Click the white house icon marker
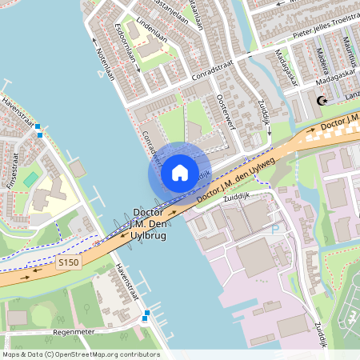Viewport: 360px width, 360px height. (x=180, y=172)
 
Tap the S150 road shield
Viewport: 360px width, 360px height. (x=70, y=262)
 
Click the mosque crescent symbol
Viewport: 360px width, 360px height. (x=322, y=101)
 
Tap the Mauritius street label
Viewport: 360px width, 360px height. (x=350, y=52)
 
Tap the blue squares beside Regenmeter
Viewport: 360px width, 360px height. (x=145, y=320)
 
